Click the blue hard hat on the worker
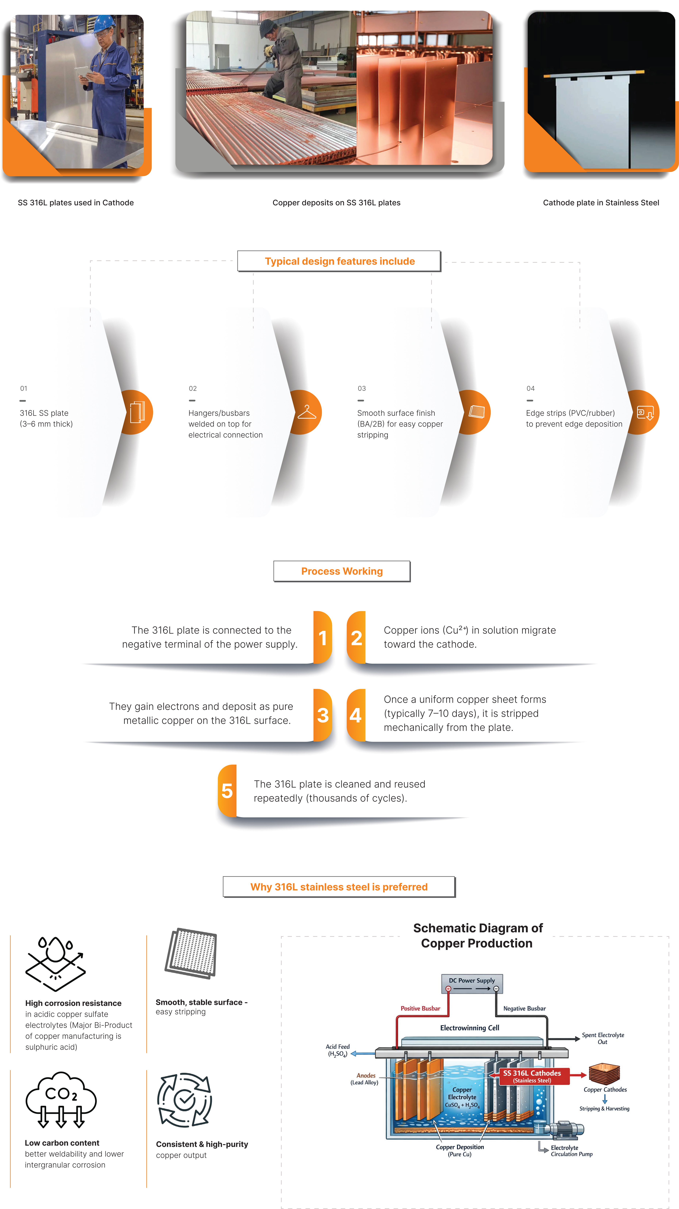104,22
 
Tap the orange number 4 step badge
356,715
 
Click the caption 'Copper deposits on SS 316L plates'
336,203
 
